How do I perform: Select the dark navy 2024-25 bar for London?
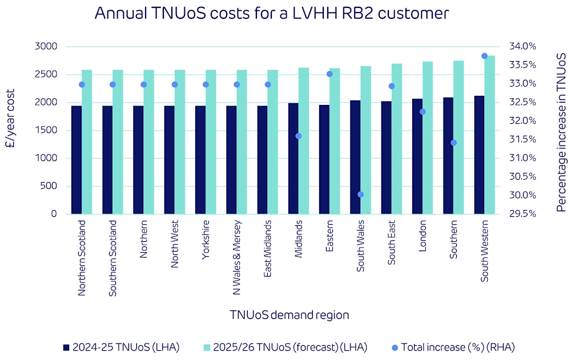(417, 156)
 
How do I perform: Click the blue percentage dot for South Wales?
(360, 195)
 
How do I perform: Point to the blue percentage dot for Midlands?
(298, 136)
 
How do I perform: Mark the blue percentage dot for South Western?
(484, 56)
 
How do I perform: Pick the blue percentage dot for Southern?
(453, 143)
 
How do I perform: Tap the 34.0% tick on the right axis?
(523, 46)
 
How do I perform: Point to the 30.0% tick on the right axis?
(523, 195)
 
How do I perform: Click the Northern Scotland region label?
(82, 258)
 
